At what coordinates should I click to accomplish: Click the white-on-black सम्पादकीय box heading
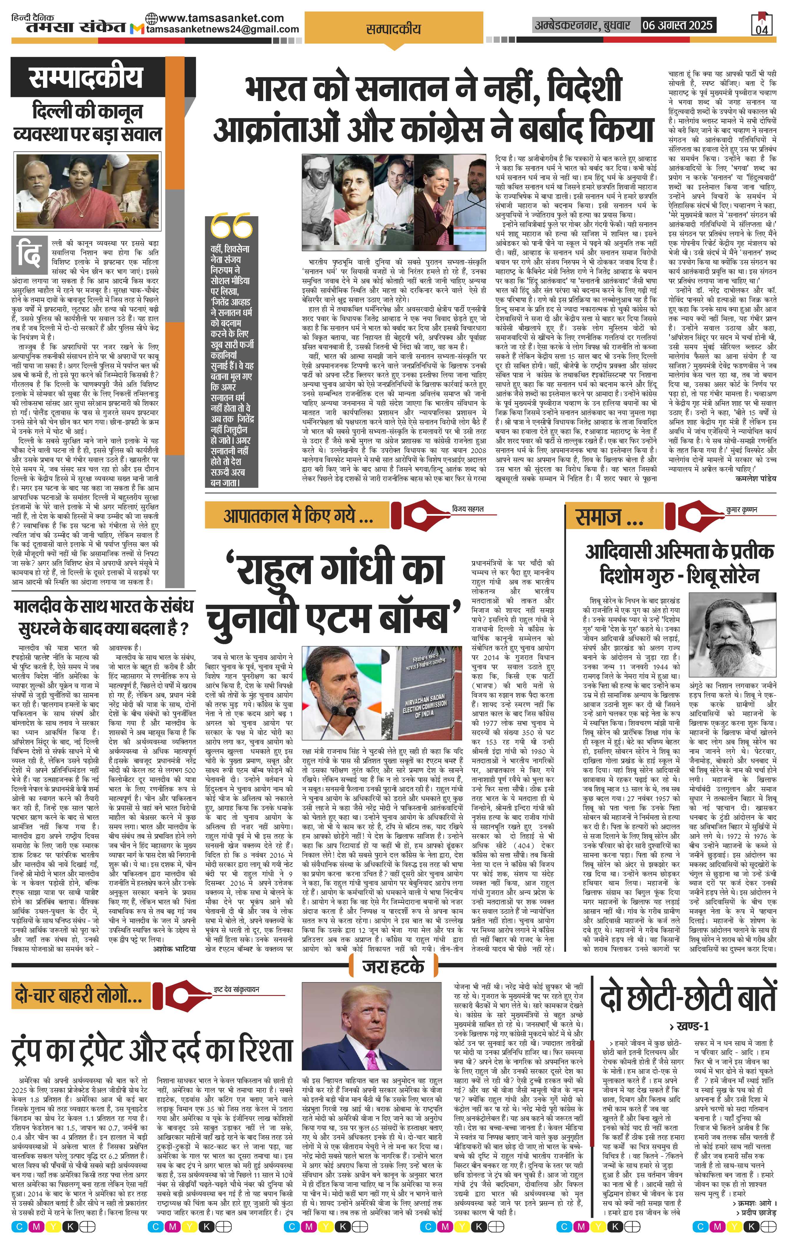tap(85, 78)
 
